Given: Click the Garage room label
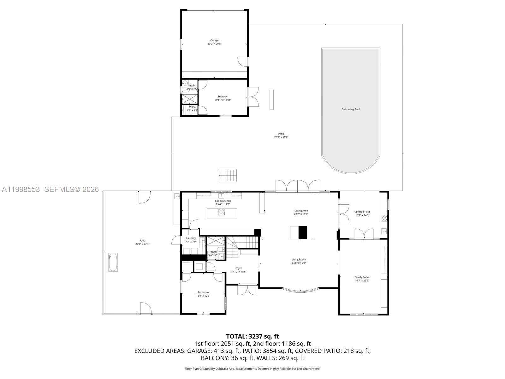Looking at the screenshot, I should [215, 40].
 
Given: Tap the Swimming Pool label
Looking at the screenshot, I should [351, 109].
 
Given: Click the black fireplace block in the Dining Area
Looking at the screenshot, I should [303, 232].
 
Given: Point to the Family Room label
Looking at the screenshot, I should [362, 277].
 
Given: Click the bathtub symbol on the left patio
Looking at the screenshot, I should [113, 262].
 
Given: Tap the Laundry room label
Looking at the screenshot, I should [191, 238].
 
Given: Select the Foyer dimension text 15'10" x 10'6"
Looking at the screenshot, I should [239, 272].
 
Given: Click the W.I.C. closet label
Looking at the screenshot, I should [192, 107].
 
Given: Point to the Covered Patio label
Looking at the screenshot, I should [362, 212].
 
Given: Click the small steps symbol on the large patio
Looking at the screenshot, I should [228, 175].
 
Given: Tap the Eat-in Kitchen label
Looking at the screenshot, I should [223, 201].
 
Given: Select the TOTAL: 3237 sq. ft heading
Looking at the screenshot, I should [252, 336].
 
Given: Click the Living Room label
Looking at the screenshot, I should [299, 260].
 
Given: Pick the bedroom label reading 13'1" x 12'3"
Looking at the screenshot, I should [203, 296].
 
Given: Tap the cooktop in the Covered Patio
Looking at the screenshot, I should [384, 218].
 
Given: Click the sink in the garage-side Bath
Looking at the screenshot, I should [185, 84].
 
